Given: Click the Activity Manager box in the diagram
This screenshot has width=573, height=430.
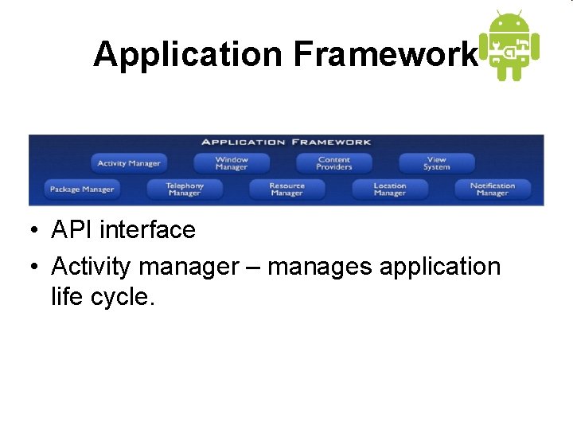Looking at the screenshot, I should [x=129, y=163].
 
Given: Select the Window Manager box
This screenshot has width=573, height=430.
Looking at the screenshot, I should [x=232, y=163].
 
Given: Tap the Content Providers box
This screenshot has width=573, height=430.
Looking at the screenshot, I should [x=334, y=163].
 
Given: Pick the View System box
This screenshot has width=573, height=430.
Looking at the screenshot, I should [x=436, y=163].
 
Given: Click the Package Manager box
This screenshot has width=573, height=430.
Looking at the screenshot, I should [x=82, y=190].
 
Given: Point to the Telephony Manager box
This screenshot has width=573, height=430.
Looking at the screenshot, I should [x=185, y=190].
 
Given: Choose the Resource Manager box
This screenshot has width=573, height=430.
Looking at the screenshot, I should [x=286, y=190].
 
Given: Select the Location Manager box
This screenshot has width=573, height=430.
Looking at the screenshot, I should [x=390, y=190].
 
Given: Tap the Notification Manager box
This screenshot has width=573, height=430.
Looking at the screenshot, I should [x=493, y=190].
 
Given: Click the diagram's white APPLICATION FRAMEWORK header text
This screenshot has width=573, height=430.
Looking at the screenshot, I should [x=286, y=142].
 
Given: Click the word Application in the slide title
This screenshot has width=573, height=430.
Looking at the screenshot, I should [x=188, y=54].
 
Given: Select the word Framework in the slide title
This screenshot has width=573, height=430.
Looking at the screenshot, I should [x=387, y=54].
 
